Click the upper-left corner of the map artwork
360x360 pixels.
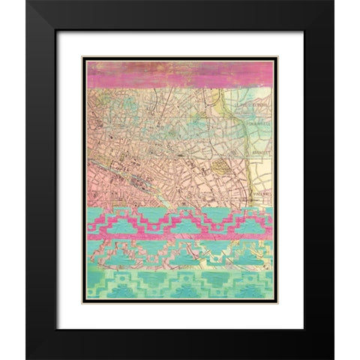(85, 61)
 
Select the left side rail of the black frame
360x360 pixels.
(42, 180)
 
